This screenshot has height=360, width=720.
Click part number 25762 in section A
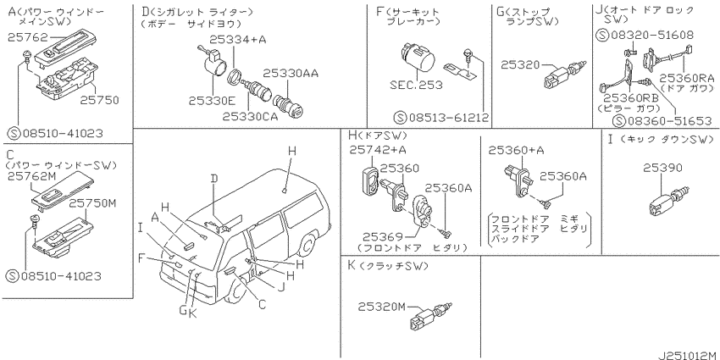tap(23, 39)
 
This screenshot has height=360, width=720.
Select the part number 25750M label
tap(91, 203)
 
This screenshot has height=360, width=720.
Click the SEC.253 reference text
tap(416, 85)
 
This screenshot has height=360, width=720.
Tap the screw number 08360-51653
tap(662, 121)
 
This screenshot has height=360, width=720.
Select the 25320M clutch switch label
tap(382, 307)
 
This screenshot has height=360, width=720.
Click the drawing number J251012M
tap(688, 355)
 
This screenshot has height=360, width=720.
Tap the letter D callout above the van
tap(214, 178)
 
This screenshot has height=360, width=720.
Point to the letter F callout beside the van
tap(142, 259)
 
